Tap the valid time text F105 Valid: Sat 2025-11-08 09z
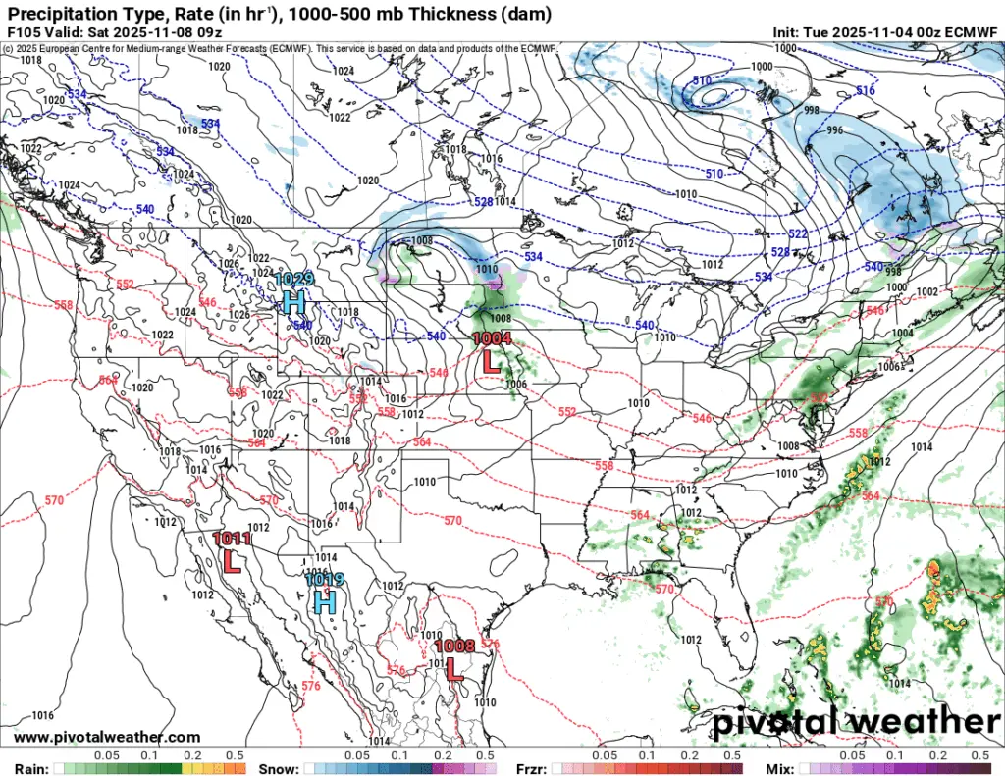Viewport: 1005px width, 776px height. [x=115, y=31]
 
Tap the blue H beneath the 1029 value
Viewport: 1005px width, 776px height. [x=292, y=301]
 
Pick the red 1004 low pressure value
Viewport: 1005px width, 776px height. [x=493, y=338]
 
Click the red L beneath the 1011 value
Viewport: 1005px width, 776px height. [x=233, y=561]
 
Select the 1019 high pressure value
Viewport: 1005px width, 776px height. [x=324, y=580]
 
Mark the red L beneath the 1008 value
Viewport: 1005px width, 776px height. [x=453, y=669]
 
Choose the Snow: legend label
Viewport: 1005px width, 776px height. [x=278, y=766]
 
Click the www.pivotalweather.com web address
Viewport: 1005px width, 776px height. [x=107, y=737]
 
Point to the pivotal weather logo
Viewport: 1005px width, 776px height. [x=854, y=724]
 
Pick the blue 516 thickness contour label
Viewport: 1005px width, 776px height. [x=865, y=91]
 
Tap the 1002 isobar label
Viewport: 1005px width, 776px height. [x=926, y=292]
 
